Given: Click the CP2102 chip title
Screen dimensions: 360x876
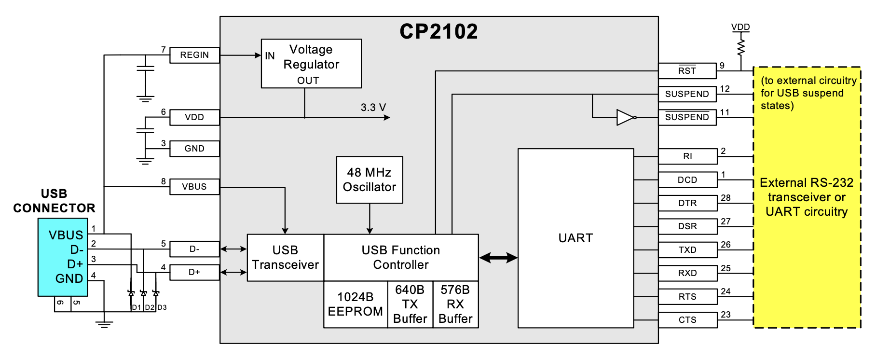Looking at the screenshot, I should pos(438,32).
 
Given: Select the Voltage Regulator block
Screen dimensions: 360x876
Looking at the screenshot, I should pos(311,64).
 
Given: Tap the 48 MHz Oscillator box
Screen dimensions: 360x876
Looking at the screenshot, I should pos(370,180).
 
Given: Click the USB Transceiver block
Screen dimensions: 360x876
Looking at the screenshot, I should pos(285,258).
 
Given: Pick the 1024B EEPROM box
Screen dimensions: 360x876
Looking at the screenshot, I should pos(356,305).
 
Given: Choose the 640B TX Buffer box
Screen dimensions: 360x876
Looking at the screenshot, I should pos(410,305).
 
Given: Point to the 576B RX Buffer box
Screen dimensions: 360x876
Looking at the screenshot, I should pos(455,305).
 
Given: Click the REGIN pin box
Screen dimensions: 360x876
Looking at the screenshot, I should pos(194,55).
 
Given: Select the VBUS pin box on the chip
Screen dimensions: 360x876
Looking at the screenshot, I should pos(194,187).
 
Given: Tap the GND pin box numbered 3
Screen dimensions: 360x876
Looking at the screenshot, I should pos(194,149).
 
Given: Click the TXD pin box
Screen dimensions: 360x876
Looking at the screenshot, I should pos(687,250).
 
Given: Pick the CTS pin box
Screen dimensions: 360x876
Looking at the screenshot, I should pos(687,320).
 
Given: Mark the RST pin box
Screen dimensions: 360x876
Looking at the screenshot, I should pos(687,71).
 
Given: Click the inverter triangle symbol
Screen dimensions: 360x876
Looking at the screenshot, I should pos(625,117).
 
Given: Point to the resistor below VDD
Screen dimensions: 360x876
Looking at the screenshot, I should pos(741,47).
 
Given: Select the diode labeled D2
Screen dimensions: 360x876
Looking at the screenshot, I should pos(143,293).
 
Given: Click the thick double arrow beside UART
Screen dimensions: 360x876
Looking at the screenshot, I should pos(498,258).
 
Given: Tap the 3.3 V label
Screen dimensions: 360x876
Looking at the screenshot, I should pos(373,108).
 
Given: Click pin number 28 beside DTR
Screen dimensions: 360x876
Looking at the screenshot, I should pos(725,198).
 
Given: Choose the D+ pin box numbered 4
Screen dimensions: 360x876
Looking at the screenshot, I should pos(194,273).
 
